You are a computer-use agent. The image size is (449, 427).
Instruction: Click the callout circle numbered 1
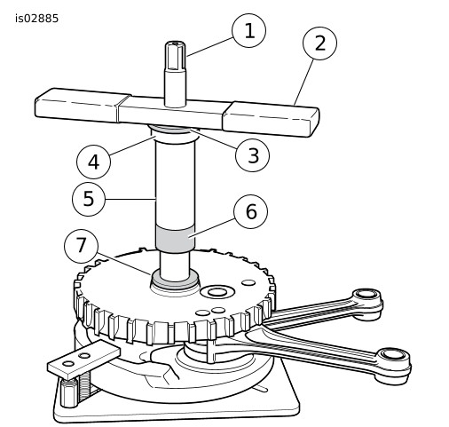click(x=249, y=30)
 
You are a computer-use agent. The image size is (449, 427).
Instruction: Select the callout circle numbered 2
click(x=319, y=43)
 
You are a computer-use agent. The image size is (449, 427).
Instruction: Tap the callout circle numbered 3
click(x=253, y=155)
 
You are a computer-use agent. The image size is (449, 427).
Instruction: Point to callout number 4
click(x=93, y=162)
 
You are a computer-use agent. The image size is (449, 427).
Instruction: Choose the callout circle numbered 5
click(x=89, y=199)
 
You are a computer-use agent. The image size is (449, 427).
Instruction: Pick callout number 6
click(x=251, y=211)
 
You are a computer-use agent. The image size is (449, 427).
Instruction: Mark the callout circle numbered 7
click(x=81, y=246)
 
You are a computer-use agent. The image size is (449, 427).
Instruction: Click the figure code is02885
click(x=37, y=19)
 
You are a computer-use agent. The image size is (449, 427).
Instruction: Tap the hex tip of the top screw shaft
click(x=176, y=56)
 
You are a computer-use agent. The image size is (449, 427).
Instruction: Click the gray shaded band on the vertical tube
click(x=176, y=238)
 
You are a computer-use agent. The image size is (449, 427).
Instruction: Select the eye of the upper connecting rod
click(x=366, y=294)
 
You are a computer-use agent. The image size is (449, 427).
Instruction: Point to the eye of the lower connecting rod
click(x=393, y=354)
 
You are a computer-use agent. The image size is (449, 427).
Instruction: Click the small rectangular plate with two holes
click(x=84, y=360)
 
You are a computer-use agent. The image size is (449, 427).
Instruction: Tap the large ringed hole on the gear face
click(x=217, y=292)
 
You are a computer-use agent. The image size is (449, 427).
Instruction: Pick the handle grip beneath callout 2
click(x=271, y=119)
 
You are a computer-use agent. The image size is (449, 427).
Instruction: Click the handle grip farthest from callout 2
click(x=83, y=105)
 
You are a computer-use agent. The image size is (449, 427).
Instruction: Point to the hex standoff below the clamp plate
click(x=69, y=392)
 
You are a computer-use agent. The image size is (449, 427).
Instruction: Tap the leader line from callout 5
click(x=130, y=200)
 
